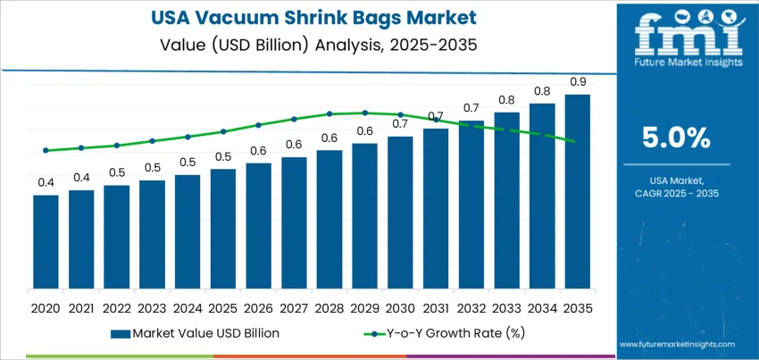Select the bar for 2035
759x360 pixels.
(577, 191)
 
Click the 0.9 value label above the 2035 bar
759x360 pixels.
(577, 82)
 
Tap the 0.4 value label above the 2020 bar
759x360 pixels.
(46, 182)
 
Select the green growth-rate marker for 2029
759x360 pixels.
(364, 113)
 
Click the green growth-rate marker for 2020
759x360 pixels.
(46, 150)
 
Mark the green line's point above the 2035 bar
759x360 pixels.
(577, 141)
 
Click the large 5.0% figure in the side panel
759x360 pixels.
(676, 138)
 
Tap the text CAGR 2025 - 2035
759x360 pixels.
(676, 193)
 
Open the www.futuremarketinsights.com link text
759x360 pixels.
(676, 344)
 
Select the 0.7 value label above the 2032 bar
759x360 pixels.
(471, 108)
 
